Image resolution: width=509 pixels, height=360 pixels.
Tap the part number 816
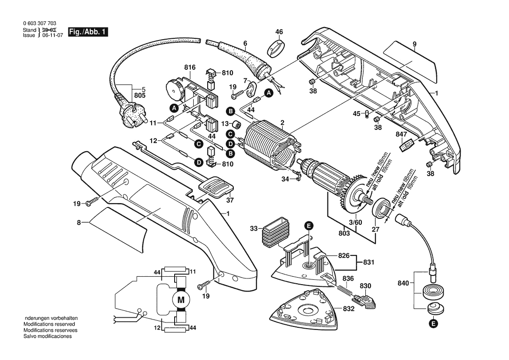coord(190,68)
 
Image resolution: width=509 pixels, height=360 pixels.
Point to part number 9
coord(415,44)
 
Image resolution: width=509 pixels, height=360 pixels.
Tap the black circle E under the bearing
coord(433,324)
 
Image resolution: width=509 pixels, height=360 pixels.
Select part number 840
coord(403,283)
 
